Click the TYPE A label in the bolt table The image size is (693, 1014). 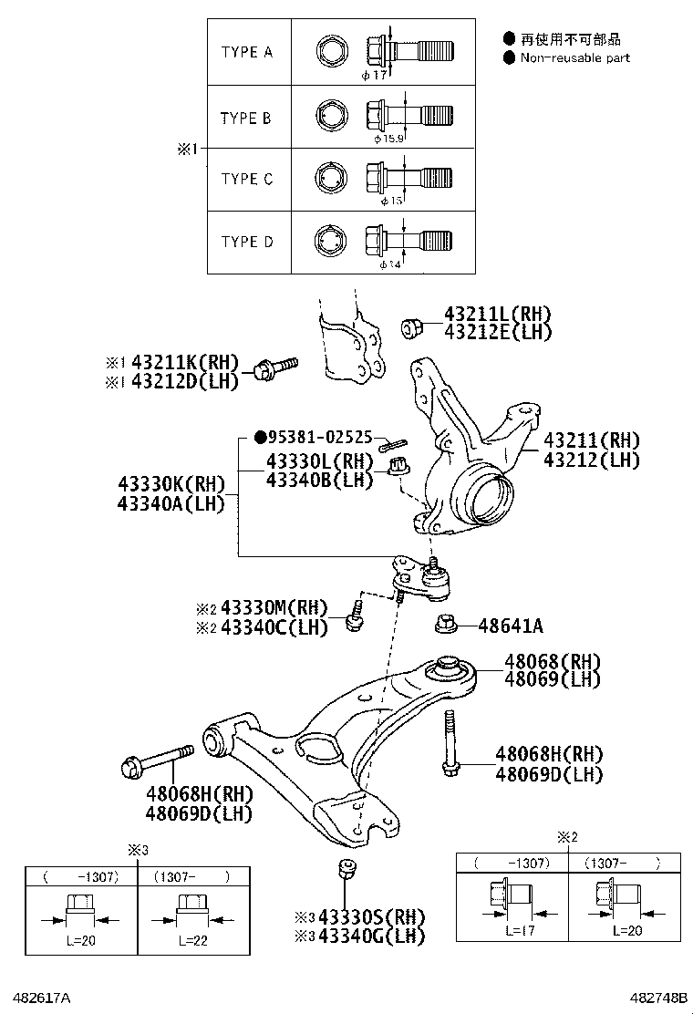point(246,53)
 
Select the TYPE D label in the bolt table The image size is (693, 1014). point(246,242)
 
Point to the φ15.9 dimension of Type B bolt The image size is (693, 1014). point(388,139)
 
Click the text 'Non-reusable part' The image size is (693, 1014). point(574,57)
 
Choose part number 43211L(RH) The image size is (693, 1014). point(498,314)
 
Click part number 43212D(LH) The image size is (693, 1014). point(185,381)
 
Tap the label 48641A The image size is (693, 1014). point(511,626)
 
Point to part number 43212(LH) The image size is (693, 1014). point(592,460)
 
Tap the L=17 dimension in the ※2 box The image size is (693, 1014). point(518,931)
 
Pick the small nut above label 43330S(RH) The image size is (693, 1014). point(346,867)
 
